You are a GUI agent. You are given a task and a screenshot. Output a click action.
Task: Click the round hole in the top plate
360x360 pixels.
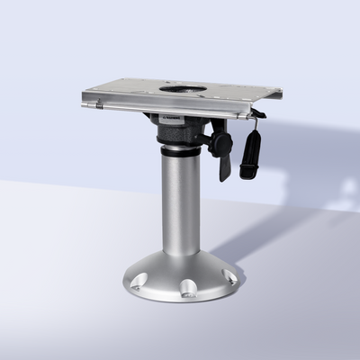tap(183, 89)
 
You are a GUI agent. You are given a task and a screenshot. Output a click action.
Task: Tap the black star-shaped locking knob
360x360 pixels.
tap(219, 142)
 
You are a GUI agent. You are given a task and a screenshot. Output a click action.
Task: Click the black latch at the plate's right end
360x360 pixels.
tap(257, 114)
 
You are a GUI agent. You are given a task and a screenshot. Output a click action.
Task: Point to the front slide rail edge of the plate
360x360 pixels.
tap(171, 112)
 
